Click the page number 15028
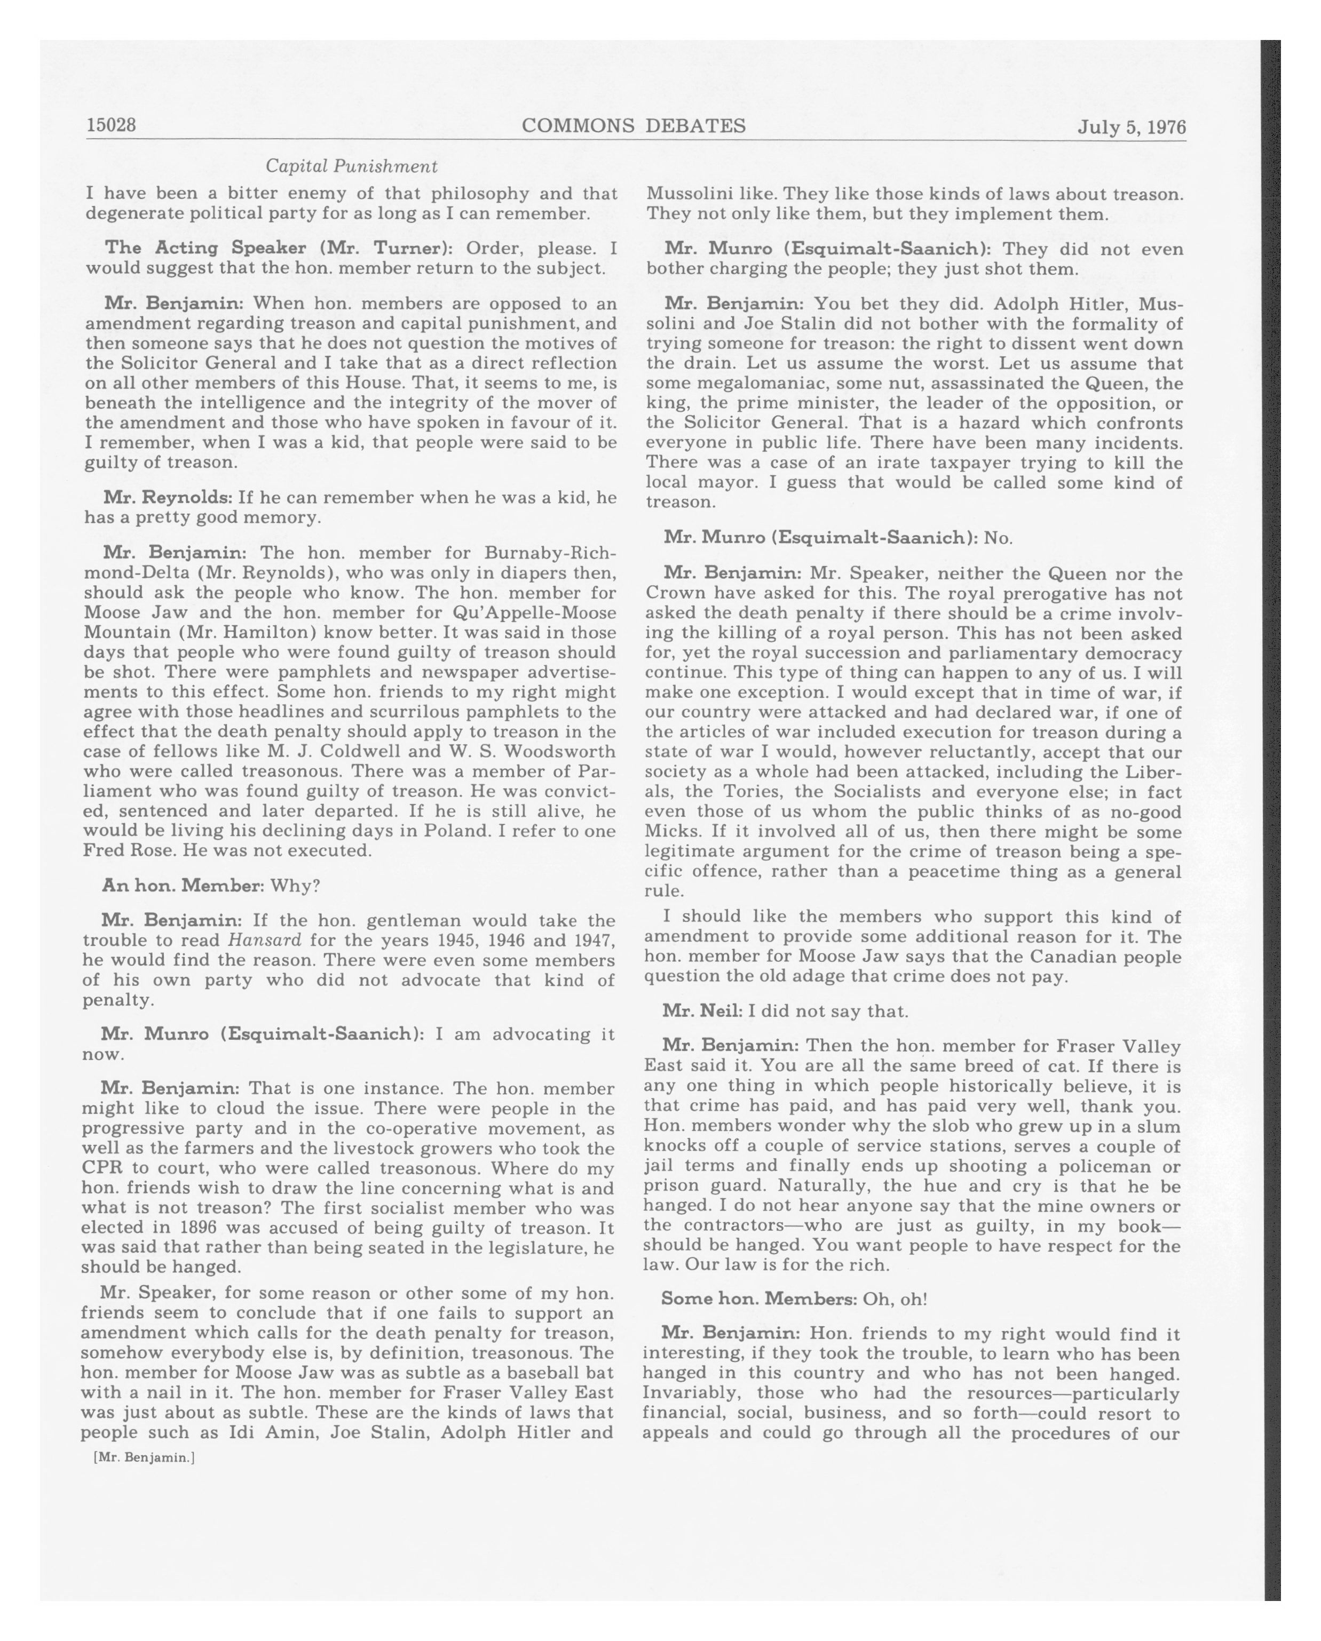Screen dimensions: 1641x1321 click(x=111, y=125)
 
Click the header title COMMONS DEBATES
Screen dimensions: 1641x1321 click(x=634, y=125)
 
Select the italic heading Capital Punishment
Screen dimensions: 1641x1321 click(x=351, y=166)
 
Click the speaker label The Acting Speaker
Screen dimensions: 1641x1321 click(x=205, y=248)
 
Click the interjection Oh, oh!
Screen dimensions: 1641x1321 click(x=895, y=1299)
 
